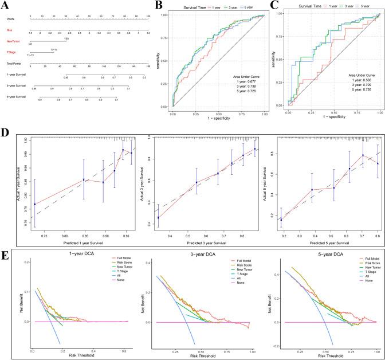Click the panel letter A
(7, 6)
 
